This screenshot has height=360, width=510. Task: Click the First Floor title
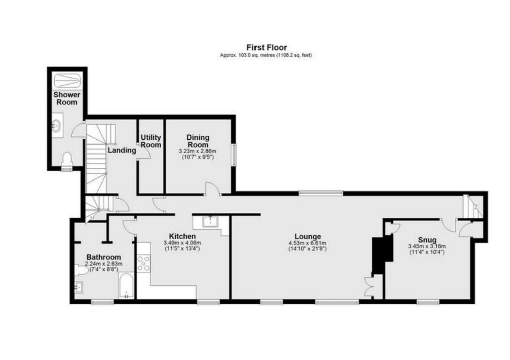click(266, 48)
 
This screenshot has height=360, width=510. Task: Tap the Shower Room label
click(67, 99)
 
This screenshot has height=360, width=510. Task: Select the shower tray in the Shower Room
click(67, 80)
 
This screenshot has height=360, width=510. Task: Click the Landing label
click(122, 151)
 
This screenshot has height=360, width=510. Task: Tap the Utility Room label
click(151, 142)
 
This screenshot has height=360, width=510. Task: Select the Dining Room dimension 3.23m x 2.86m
click(198, 151)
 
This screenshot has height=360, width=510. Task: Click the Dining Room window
click(234, 155)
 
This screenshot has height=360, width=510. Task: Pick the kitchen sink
click(210, 222)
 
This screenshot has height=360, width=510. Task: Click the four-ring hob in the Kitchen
click(144, 263)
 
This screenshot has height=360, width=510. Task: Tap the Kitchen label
click(182, 236)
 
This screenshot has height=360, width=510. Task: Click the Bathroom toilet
click(81, 270)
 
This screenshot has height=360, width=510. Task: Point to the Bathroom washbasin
click(79, 287)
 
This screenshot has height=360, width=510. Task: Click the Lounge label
click(307, 236)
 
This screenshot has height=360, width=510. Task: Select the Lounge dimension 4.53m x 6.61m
click(307, 243)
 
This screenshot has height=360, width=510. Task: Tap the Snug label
click(427, 240)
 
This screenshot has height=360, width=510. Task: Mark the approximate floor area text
click(266, 55)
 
